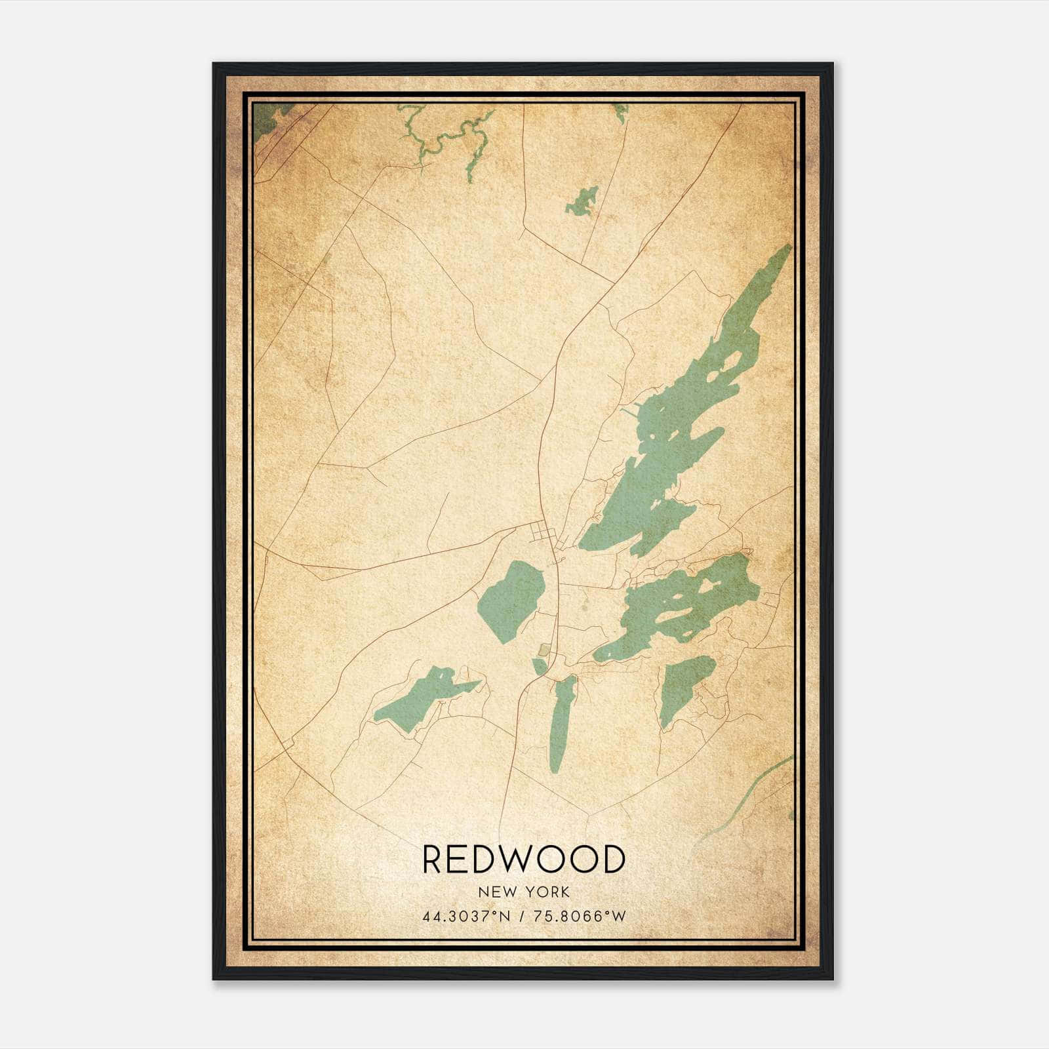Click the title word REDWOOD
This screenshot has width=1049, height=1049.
coord(523,859)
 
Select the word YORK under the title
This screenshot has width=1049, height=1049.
coord(547,892)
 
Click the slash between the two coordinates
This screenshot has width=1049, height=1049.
coord(522,916)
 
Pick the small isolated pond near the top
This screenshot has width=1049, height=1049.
coord(582,201)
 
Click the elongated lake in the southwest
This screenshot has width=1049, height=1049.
coord(420,698)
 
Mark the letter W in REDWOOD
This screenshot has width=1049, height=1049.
coord(521,859)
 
